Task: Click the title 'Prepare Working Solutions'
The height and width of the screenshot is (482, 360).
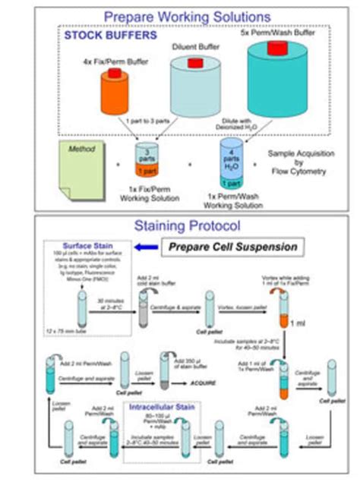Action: click(x=187, y=15)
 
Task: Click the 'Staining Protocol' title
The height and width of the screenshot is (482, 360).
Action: click(x=187, y=225)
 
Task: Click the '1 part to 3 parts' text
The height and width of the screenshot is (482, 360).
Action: click(x=156, y=121)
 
